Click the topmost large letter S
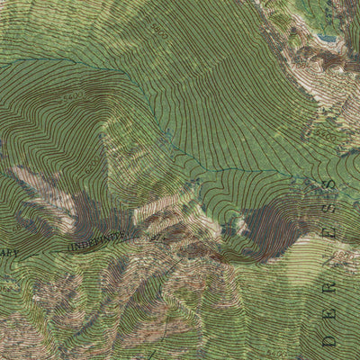(328, 185)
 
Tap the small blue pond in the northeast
(326, 40)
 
